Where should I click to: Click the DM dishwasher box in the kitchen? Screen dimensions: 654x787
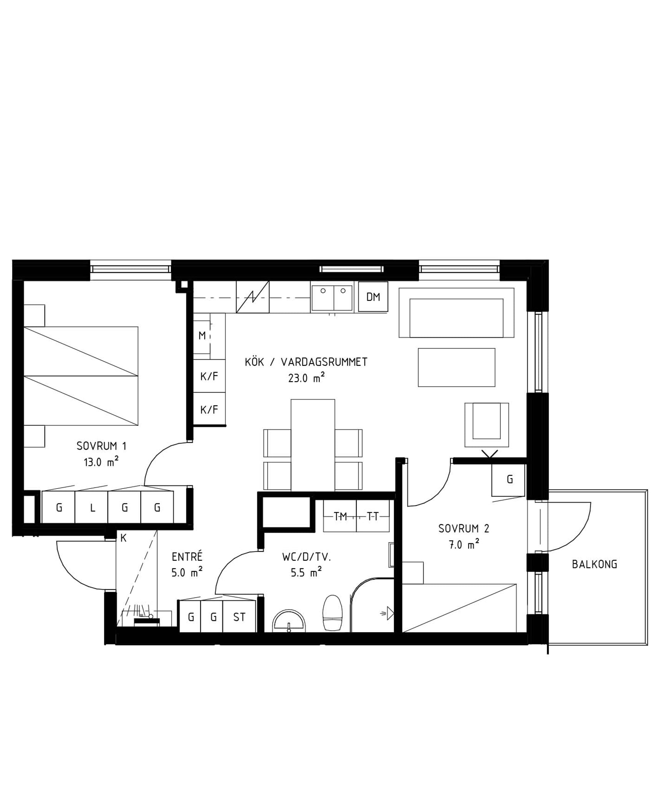click(373, 297)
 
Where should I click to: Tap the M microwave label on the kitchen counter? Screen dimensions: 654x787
click(202, 336)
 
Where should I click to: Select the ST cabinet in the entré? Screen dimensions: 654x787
click(239, 617)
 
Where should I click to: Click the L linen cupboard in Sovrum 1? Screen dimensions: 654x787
click(92, 508)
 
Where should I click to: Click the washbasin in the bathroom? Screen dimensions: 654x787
click(289, 621)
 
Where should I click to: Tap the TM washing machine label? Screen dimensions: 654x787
click(340, 517)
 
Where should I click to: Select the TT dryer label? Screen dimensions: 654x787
click(373, 517)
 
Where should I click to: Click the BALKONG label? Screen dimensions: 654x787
click(594, 565)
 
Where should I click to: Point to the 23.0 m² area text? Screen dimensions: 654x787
click(306, 378)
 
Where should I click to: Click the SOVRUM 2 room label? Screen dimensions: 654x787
click(464, 528)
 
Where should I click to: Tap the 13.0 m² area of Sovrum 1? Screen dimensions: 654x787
click(101, 462)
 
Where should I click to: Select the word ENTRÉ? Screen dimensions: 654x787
click(187, 556)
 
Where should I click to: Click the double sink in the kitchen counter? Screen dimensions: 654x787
click(332, 298)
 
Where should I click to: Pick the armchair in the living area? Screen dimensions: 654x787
click(487, 425)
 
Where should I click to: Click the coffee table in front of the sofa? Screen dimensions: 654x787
click(457, 367)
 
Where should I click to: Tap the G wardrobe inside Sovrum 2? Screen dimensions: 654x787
click(508, 480)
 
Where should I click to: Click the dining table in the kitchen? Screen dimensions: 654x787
click(313, 445)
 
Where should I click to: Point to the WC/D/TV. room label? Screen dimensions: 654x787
click(306, 557)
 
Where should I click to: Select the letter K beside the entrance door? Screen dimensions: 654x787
click(123, 538)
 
